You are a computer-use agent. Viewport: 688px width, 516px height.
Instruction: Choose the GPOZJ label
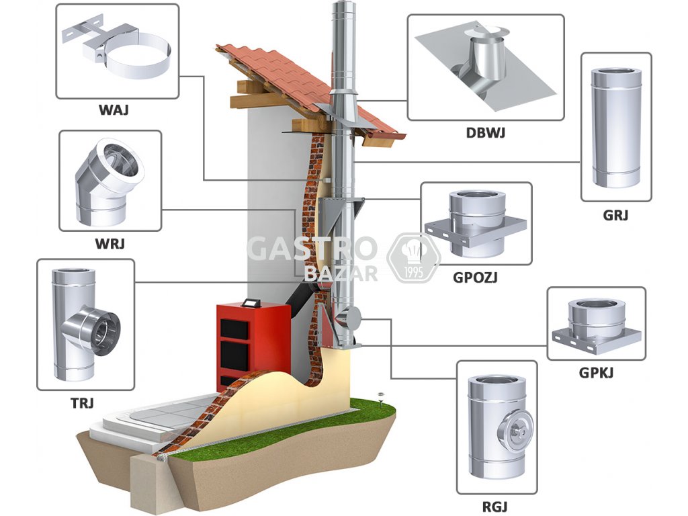476,275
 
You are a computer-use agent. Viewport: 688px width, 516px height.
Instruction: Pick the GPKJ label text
595,372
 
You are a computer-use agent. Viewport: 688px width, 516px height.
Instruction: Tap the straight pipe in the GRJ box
615,128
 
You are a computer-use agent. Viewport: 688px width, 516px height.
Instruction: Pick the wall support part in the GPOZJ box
476,225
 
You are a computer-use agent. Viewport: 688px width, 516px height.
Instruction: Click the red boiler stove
252,343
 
